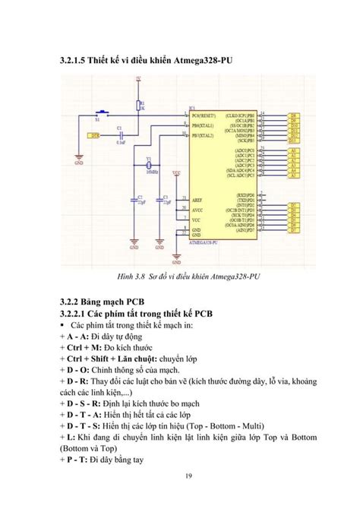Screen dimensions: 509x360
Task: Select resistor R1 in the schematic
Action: pyautogui.click(x=138, y=106)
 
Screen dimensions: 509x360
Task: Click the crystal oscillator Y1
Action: pyautogui.click(x=150, y=166)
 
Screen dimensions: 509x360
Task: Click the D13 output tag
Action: pyautogui.click(x=293, y=141)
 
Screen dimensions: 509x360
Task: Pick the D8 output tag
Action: pyautogui.click(x=293, y=115)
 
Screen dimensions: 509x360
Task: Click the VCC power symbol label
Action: pyautogui.click(x=176, y=173)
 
